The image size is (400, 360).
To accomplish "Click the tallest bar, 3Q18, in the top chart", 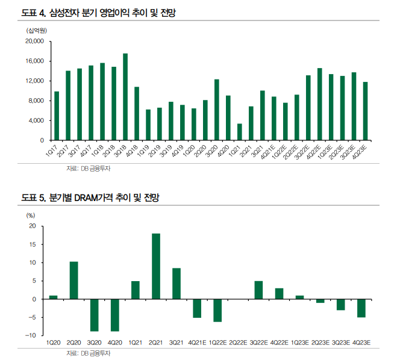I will [x=125, y=97].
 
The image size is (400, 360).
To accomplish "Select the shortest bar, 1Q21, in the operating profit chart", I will [x=240, y=132].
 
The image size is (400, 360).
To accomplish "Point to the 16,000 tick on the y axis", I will [x=36, y=61].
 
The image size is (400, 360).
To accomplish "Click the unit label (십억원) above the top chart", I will [x=37, y=30].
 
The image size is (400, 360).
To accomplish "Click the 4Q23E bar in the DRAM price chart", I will [x=361, y=308].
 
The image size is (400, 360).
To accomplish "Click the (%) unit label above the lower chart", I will [x=30, y=215].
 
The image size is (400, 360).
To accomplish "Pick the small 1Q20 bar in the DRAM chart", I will [x=53, y=297].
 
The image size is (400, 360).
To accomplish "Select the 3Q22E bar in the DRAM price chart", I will [x=258, y=290].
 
